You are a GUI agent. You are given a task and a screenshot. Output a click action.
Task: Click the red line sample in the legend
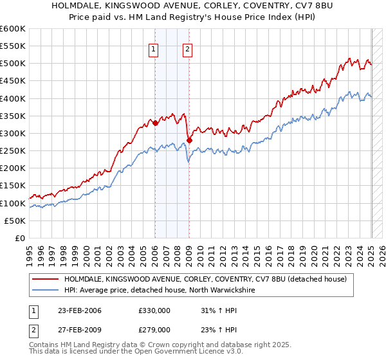(46, 279)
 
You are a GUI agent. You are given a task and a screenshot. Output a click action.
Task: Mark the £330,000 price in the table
(154, 310)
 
